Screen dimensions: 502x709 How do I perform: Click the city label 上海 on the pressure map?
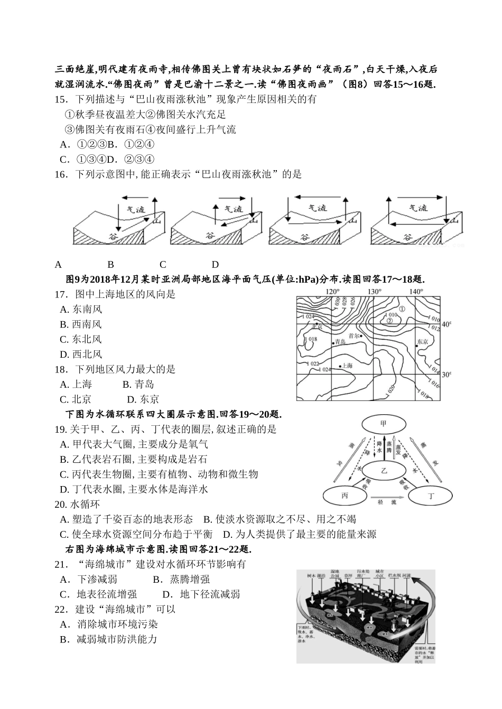tap(347, 365)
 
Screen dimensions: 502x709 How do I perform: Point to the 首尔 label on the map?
tap(354, 335)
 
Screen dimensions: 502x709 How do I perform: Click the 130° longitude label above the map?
tap(374, 292)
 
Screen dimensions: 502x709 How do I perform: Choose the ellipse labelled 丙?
tap(345, 496)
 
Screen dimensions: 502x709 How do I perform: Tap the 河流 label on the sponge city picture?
tap(407, 574)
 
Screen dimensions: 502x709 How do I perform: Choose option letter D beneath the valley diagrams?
tap(215, 265)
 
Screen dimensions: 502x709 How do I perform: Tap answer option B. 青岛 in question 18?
tap(138, 384)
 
